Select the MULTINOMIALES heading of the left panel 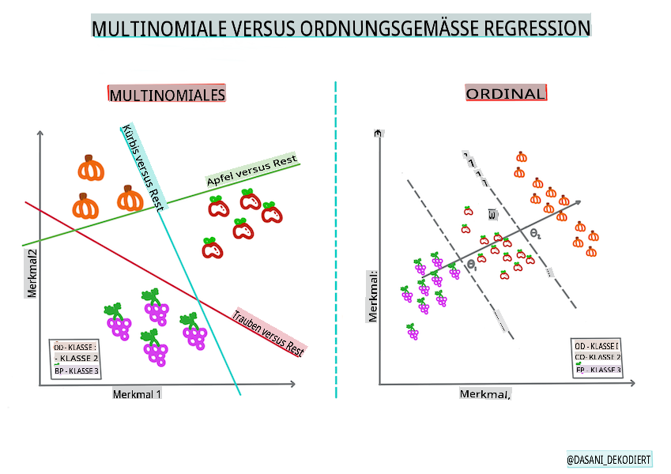(167, 95)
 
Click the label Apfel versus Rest (251, 171)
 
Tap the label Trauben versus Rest (268, 335)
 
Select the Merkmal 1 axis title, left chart (137, 393)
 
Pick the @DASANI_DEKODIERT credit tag (609, 459)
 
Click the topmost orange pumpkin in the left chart (92, 168)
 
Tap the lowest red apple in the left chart (212, 249)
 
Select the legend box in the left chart (76, 359)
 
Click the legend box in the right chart (597, 357)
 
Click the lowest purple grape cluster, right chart (412, 332)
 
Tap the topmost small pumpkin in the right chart (521, 157)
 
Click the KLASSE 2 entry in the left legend (77, 358)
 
